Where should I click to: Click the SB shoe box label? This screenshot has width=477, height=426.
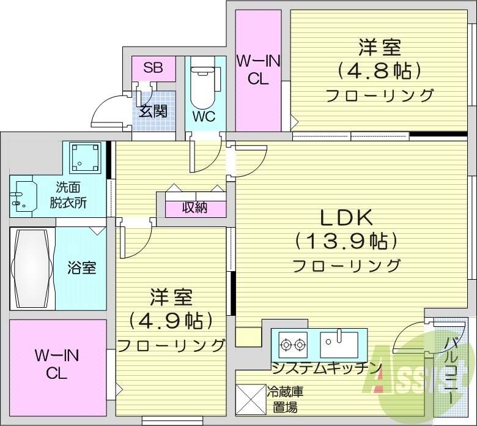pyautogui.click(x=153, y=67)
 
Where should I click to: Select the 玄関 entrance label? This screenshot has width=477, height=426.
pyautogui.click(x=153, y=111)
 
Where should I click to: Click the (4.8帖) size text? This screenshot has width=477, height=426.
pyautogui.click(x=379, y=71)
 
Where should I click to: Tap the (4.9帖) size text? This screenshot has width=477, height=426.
pyautogui.click(x=171, y=320)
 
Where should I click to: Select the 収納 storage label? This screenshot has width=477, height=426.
pyautogui.click(x=194, y=207)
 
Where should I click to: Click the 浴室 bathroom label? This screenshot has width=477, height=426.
pyautogui.click(x=81, y=267)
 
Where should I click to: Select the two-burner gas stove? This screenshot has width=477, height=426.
pyautogui.click(x=293, y=345)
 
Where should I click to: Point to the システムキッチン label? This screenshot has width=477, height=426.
pyautogui.click(x=327, y=368)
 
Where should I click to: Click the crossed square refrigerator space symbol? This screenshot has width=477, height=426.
pyautogui.click(x=250, y=398)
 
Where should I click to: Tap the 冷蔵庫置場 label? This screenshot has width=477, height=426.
pyautogui.click(x=286, y=398)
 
